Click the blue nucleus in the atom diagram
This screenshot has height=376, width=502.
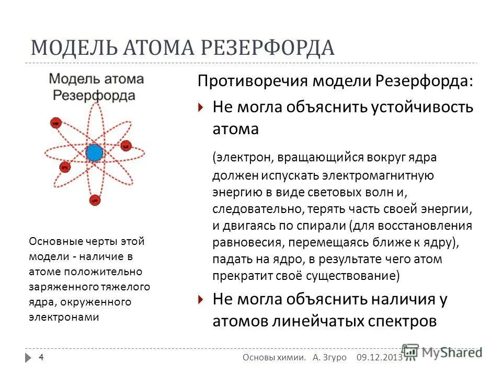click(95, 152)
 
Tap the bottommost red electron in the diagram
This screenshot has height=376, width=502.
click(95, 199)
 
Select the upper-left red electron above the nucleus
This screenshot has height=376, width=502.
click(55, 124)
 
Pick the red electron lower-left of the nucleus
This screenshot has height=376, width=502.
click(65, 167)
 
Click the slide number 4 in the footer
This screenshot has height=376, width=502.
click(41, 357)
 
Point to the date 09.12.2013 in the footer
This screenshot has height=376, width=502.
click(380, 357)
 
